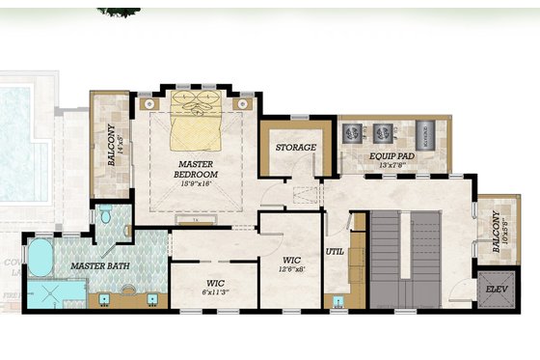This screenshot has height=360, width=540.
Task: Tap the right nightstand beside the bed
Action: [x=246, y=101]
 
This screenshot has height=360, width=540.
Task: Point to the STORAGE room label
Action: [x=296, y=148]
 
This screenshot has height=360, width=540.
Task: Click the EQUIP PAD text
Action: [x=392, y=154]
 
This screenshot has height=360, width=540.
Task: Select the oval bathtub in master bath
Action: [x=40, y=259]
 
